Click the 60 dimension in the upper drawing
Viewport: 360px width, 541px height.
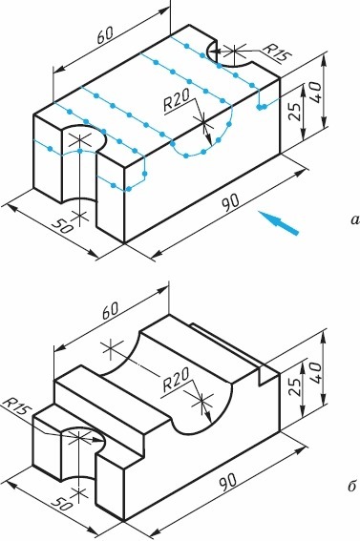[105, 35]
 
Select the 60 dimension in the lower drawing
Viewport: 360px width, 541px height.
[110, 310]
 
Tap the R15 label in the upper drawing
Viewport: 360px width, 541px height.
[277, 52]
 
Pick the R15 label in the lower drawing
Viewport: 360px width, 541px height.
[16, 407]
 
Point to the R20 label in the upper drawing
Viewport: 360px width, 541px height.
[177, 100]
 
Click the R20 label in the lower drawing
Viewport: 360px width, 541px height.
[176, 379]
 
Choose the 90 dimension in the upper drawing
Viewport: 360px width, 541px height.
[229, 203]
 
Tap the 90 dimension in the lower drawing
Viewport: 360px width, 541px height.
[229, 482]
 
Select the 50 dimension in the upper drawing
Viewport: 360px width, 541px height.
[62, 226]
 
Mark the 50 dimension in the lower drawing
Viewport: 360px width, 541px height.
[62, 505]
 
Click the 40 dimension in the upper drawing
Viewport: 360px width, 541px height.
[316, 92]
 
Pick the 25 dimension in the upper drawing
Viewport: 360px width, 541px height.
[295, 111]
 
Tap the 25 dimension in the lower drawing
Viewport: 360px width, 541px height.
[294, 388]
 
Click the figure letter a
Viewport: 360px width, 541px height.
[355, 219]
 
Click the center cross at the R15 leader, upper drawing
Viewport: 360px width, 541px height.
[235, 52]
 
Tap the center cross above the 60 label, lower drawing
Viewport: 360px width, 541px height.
[111, 349]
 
